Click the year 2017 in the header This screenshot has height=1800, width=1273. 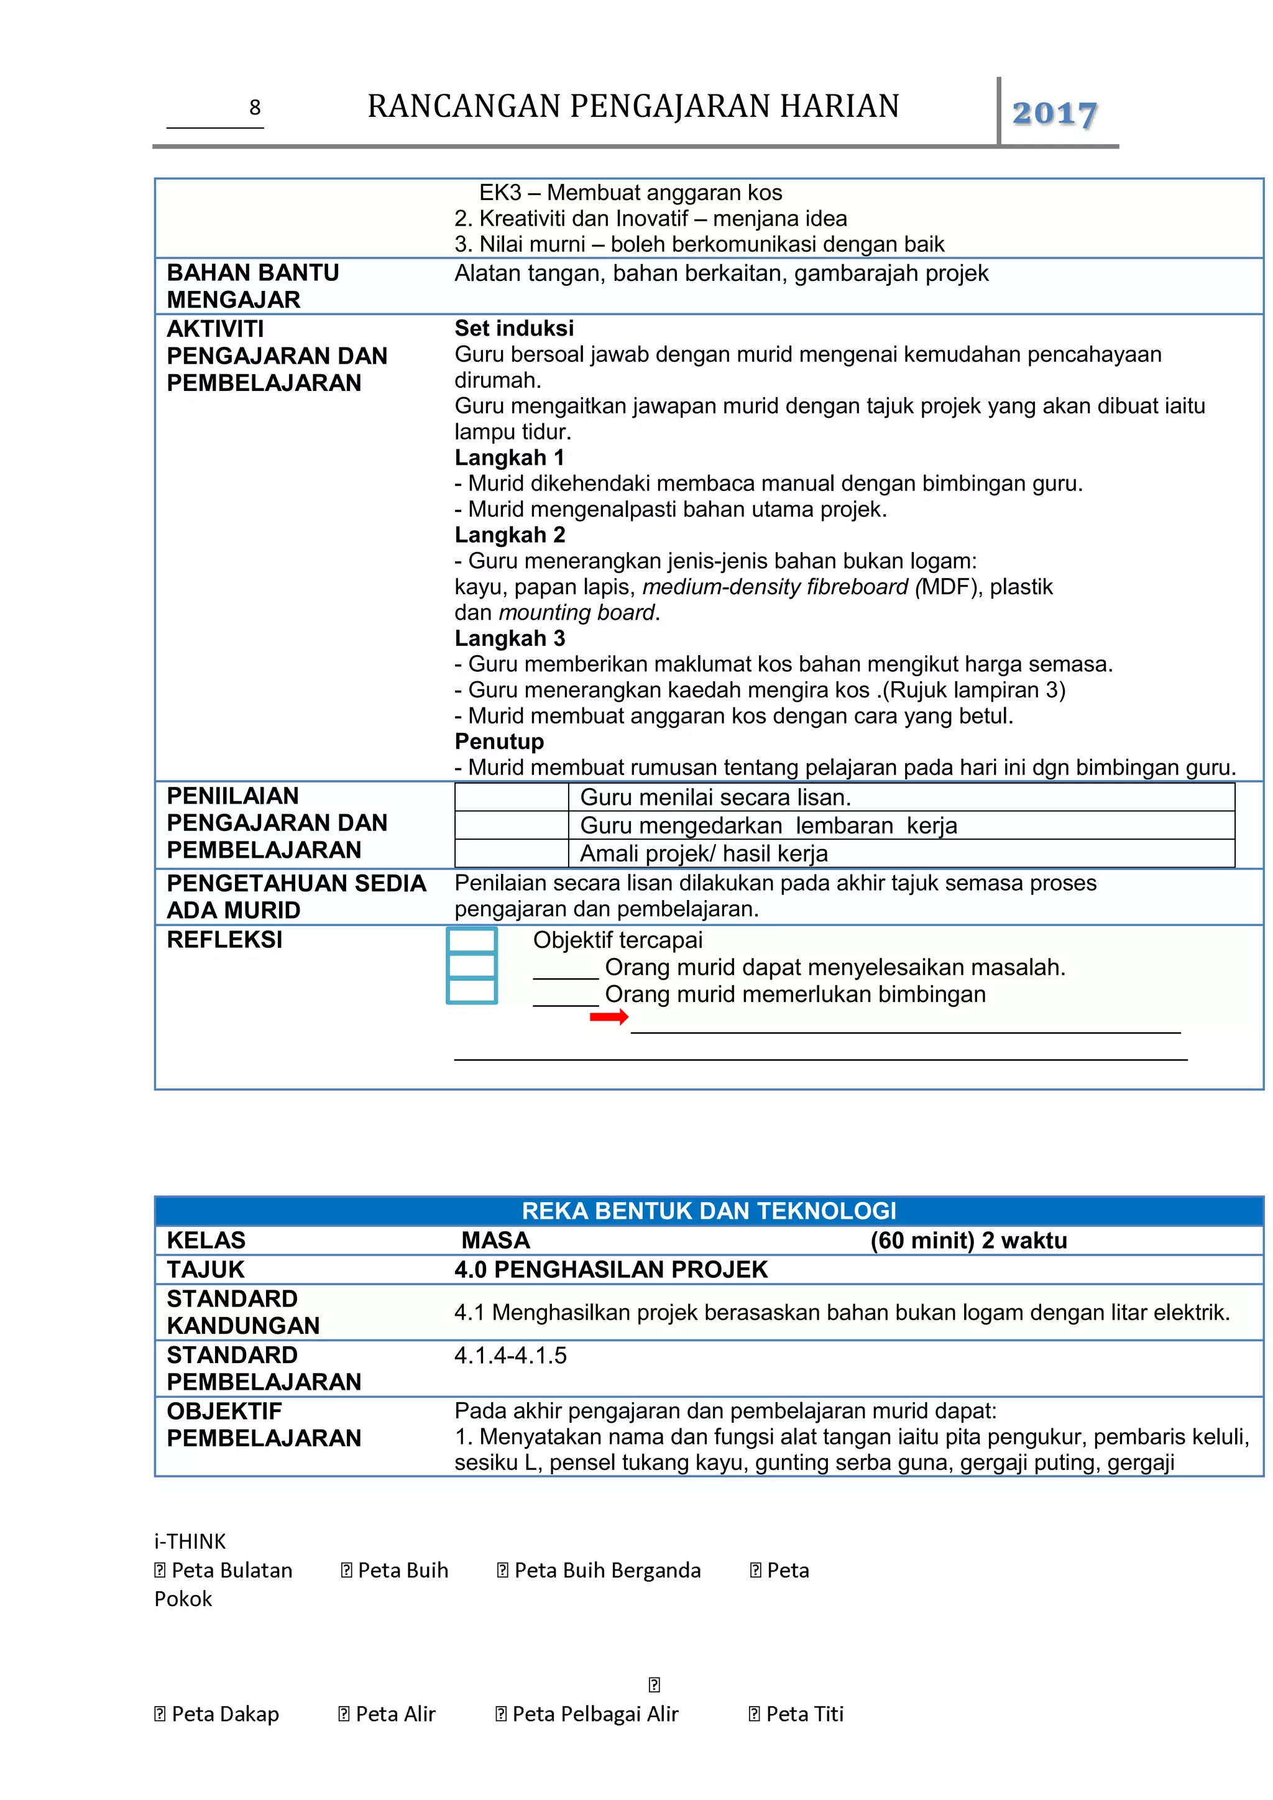click(1054, 114)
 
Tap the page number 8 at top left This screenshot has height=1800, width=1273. click(255, 108)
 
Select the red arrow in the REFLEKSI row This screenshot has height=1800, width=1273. click(609, 1017)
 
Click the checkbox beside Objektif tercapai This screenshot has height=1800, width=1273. click(471, 940)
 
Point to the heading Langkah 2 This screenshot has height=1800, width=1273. click(510, 535)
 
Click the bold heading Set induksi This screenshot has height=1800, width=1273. click(513, 328)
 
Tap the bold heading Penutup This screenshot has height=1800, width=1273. click(499, 741)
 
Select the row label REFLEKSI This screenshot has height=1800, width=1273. click(224, 939)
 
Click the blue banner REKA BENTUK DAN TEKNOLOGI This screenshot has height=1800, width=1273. click(709, 1211)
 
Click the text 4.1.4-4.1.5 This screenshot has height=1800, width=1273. click(510, 1355)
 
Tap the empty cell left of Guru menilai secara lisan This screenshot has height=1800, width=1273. click(511, 797)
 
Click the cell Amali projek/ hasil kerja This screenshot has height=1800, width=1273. click(703, 854)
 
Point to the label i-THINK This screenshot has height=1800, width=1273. click(190, 1541)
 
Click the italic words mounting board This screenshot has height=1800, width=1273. click(576, 612)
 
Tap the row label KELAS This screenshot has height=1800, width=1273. click(206, 1240)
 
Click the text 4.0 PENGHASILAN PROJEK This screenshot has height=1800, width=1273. click(610, 1269)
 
